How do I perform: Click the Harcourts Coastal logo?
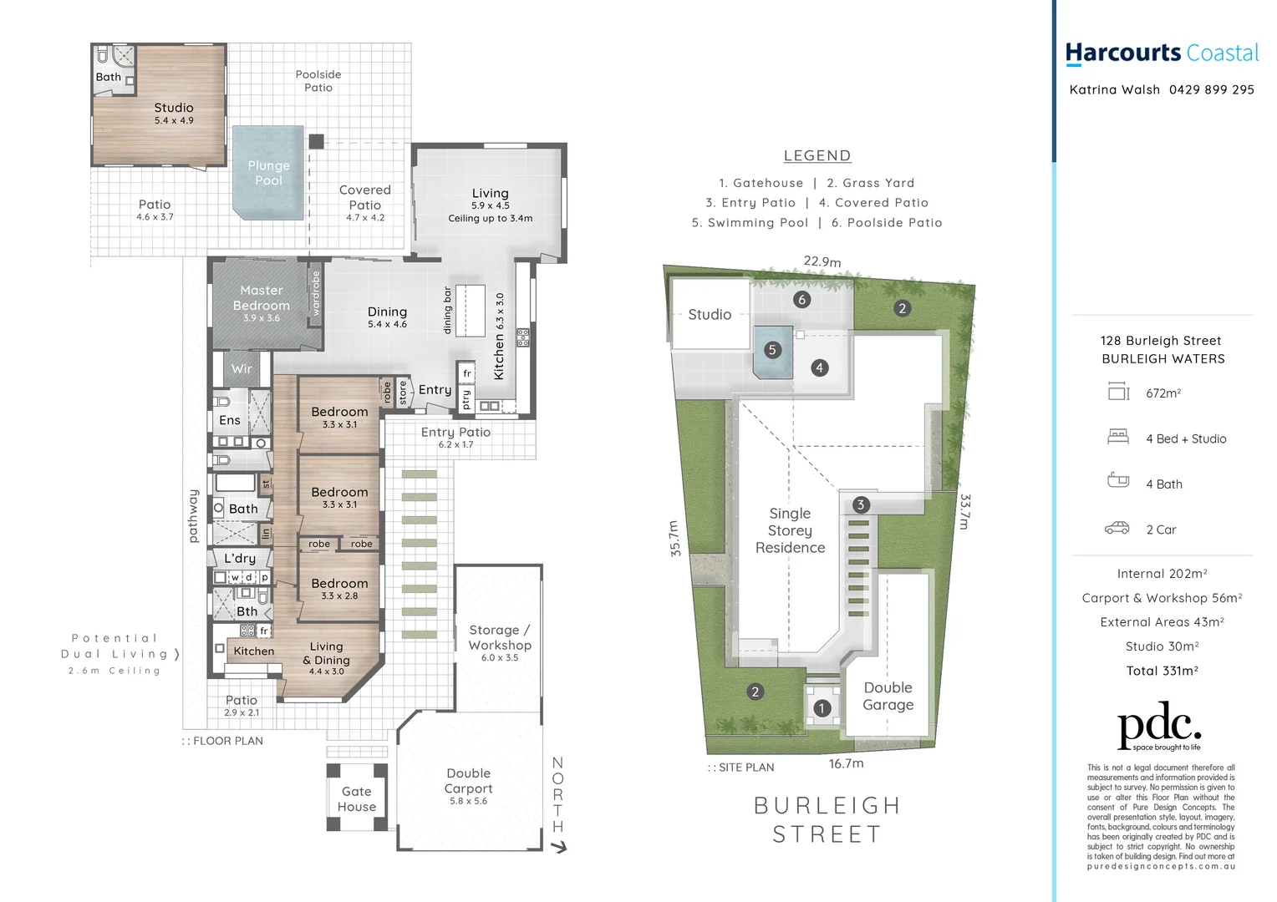(x=1161, y=53)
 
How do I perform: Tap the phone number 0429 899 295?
(x=1211, y=90)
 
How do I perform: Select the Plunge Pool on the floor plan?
(x=268, y=173)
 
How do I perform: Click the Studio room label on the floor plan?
(x=174, y=108)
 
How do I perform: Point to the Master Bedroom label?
(x=262, y=298)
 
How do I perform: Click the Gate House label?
(x=357, y=799)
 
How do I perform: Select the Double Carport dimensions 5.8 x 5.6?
(x=468, y=802)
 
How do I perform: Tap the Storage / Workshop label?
(x=500, y=637)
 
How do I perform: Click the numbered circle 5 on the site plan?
(x=772, y=350)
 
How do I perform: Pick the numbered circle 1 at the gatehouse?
(x=822, y=708)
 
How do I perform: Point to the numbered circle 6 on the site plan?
(x=801, y=299)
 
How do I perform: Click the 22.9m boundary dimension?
(x=822, y=261)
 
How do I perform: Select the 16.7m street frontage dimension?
(x=846, y=763)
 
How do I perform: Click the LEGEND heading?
(x=817, y=156)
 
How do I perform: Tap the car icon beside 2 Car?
(x=1117, y=529)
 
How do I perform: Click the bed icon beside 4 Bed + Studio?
(x=1118, y=437)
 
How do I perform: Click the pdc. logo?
(x=1160, y=728)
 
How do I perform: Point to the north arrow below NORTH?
(x=559, y=847)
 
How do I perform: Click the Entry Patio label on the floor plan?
(x=455, y=432)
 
